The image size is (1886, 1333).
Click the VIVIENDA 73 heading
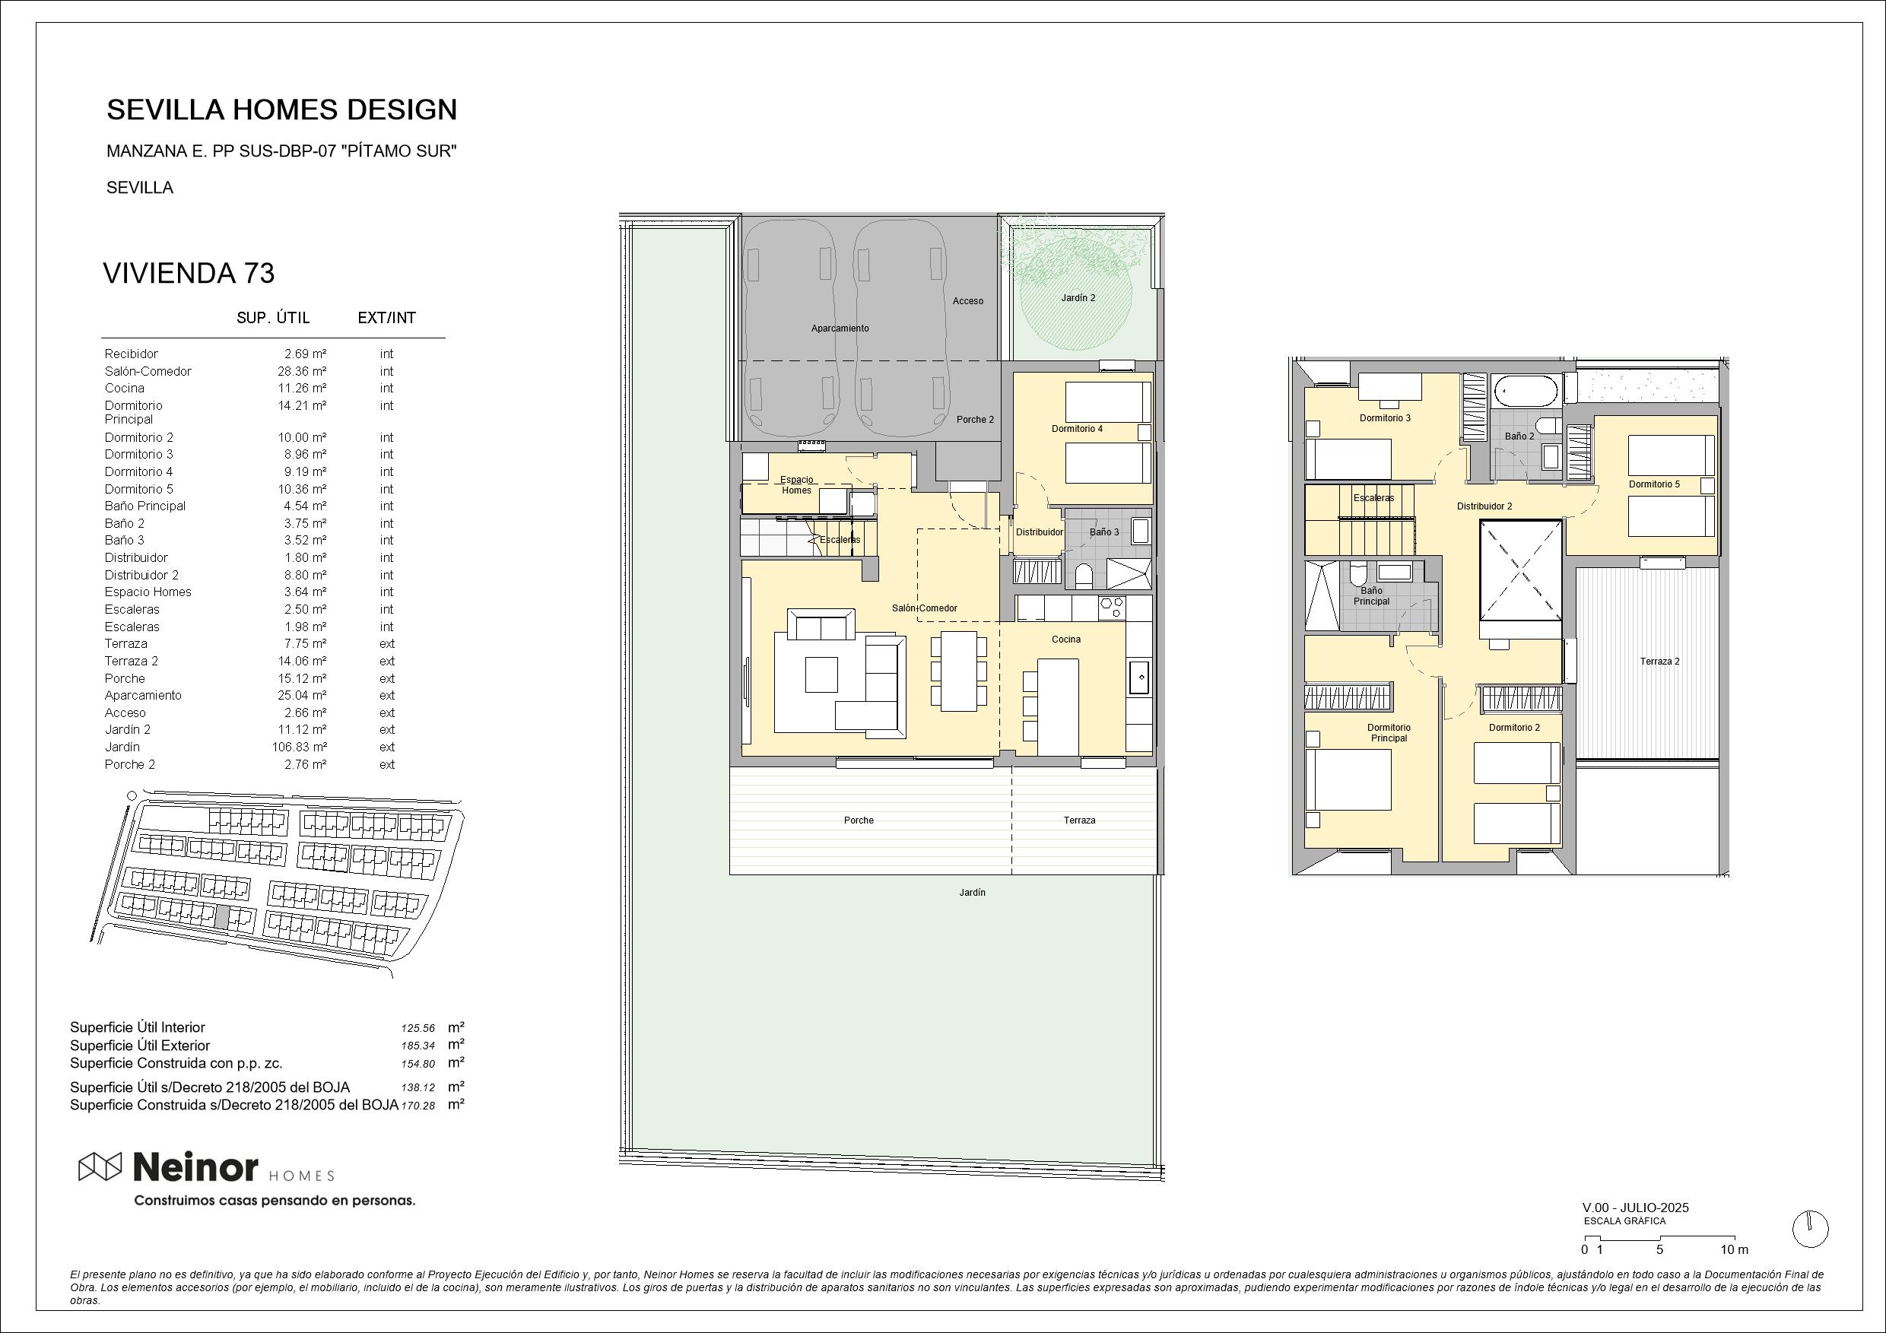pos(188,274)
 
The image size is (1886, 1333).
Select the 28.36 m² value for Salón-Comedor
pos(301,371)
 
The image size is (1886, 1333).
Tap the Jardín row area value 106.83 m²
pos(299,747)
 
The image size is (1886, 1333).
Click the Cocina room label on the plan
pos(1066,640)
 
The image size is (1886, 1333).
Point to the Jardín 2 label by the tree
pos(1078,298)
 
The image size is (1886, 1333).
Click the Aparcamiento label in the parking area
pos(840,328)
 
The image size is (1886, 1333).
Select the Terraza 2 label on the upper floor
pos(1659,661)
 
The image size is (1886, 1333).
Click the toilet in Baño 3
pos(1083,576)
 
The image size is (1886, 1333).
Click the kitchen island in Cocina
pos(1058,706)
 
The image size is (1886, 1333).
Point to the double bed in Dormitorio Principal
pos(1348,780)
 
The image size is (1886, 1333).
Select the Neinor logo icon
pos(100,1166)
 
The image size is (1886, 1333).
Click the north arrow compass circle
pos(1811,1230)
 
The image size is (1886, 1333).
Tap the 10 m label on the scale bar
pos(1734,1250)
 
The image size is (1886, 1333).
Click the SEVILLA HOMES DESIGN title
pos(281,109)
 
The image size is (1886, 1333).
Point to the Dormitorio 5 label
pos(1654,484)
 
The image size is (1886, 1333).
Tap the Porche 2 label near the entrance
pos(975,420)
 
